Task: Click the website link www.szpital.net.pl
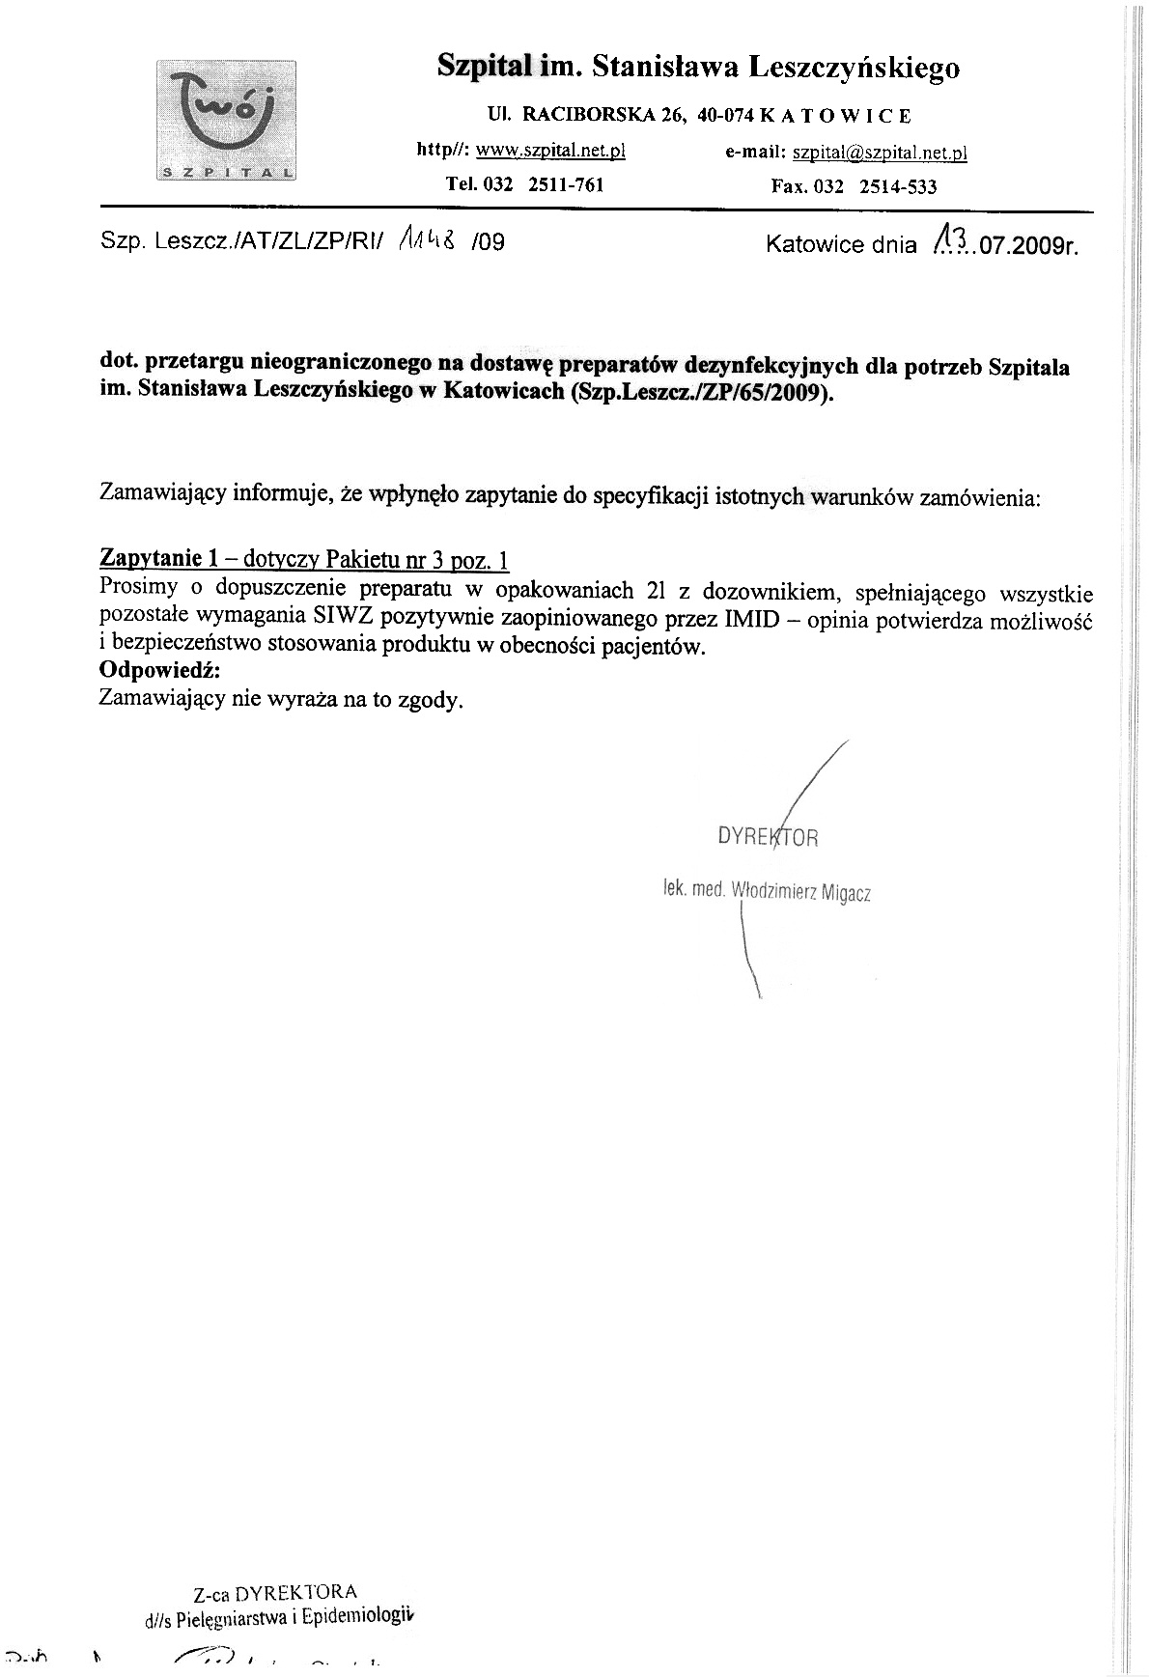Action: pyautogui.click(x=551, y=150)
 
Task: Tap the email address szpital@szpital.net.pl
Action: pyautogui.click(x=880, y=153)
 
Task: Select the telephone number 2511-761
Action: pyautogui.click(x=566, y=185)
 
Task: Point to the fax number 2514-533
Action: pyautogui.click(x=900, y=186)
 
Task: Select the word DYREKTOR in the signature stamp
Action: pyautogui.click(x=768, y=836)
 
